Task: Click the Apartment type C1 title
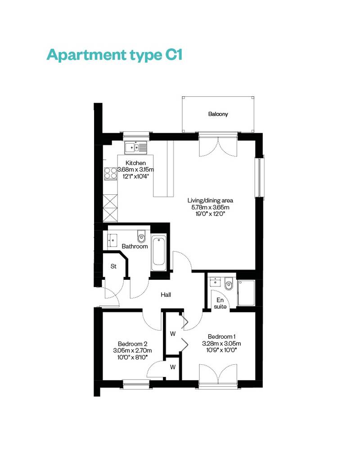[x=114, y=55]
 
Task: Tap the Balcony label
[x=218, y=114]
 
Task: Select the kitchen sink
[x=136, y=147]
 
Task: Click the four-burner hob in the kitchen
[x=110, y=174]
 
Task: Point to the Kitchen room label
[x=135, y=163]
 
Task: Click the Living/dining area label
[x=210, y=200]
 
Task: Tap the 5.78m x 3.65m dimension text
[x=210, y=207]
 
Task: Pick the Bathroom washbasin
[x=112, y=240]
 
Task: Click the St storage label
[x=113, y=266]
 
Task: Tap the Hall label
[x=166, y=295]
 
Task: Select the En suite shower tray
[x=246, y=293]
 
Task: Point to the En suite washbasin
[x=215, y=282]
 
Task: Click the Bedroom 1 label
[x=221, y=337]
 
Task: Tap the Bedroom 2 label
[x=133, y=344]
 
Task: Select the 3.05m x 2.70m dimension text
[x=132, y=351]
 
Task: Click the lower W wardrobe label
[x=173, y=367]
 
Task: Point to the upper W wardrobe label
[x=173, y=334]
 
